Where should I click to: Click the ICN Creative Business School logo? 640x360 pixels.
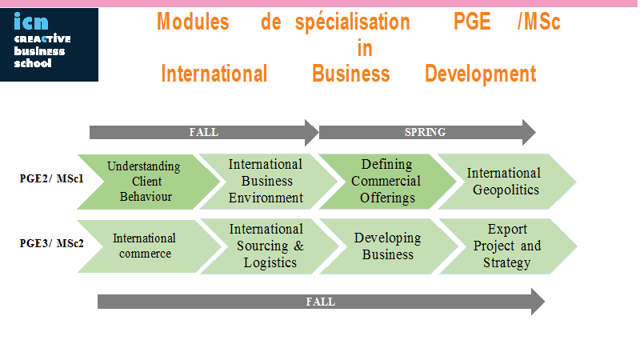point(49,45)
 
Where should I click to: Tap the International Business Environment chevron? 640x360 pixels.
point(268,182)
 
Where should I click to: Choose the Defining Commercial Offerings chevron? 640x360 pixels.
point(387,182)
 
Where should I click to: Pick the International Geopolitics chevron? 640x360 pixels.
point(507,182)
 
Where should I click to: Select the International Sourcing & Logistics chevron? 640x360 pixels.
point(270,246)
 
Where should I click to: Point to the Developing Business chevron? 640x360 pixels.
point(389,246)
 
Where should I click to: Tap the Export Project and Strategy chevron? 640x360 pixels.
point(508,246)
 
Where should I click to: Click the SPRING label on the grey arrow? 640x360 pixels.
point(425,132)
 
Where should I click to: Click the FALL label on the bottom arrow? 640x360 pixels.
point(321,302)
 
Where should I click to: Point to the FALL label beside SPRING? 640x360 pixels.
point(204,132)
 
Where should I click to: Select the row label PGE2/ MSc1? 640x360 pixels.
point(51,178)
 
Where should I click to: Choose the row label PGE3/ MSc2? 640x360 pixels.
point(51,243)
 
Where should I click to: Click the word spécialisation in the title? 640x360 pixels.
point(353,23)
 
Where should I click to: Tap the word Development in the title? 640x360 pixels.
point(481,74)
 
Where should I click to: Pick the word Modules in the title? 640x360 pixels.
point(193,22)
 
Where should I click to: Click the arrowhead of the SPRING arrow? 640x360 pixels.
point(529,132)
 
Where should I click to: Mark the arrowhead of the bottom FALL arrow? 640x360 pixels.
point(538,302)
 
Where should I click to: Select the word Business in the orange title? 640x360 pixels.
point(351,74)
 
